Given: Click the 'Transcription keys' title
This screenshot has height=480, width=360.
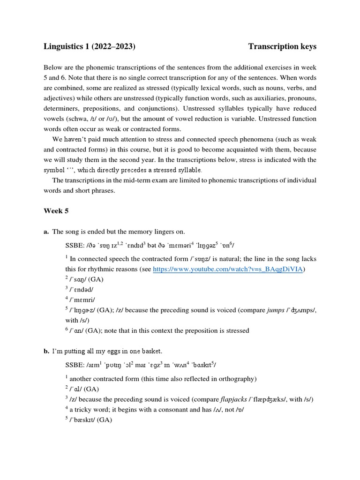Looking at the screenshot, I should pyautogui.click(x=282, y=46).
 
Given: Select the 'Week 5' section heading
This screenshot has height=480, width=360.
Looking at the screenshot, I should pyautogui.click(x=56, y=211).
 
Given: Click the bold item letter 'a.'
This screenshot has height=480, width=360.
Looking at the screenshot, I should pyautogui.click(x=46, y=232).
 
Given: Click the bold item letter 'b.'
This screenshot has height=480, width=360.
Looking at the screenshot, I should pyautogui.click(x=46, y=351).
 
